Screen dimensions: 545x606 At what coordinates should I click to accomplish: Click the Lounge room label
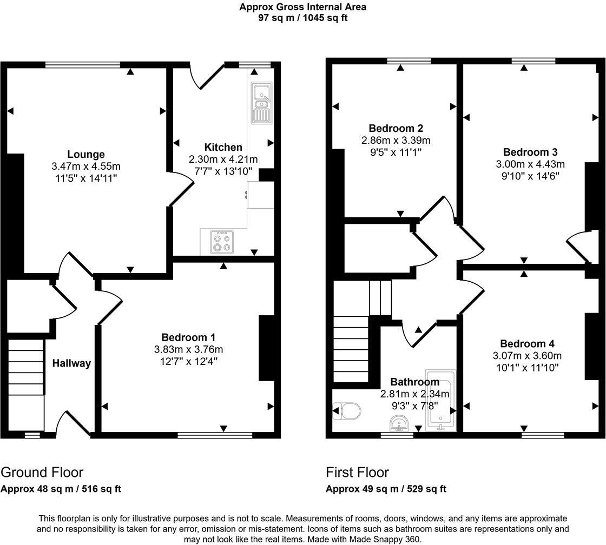[x=85, y=155]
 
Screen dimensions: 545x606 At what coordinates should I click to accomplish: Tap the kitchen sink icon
[x=261, y=102]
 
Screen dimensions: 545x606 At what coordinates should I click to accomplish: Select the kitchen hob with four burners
[x=222, y=242]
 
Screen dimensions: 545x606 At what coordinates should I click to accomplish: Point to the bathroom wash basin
[x=399, y=423]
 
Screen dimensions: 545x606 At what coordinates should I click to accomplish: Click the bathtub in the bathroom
[x=440, y=401]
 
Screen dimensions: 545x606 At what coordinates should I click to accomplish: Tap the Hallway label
[x=71, y=363]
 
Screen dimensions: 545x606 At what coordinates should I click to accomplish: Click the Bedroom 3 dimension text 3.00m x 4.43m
[x=530, y=164]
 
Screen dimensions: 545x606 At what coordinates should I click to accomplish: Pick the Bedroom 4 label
[x=527, y=344]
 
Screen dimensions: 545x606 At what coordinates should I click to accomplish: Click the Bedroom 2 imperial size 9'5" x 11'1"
[x=396, y=152]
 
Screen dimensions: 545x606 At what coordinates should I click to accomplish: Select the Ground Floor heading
[x=42, y=473]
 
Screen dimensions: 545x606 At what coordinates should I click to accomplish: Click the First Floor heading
[x=357, y=473]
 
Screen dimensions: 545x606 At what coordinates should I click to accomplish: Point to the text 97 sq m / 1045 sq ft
[x=302, y=17]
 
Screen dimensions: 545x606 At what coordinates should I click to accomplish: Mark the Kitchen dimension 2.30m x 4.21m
[x=223, y=159]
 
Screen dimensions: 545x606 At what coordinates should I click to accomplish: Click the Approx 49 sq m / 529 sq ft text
[x=386, y=489]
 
